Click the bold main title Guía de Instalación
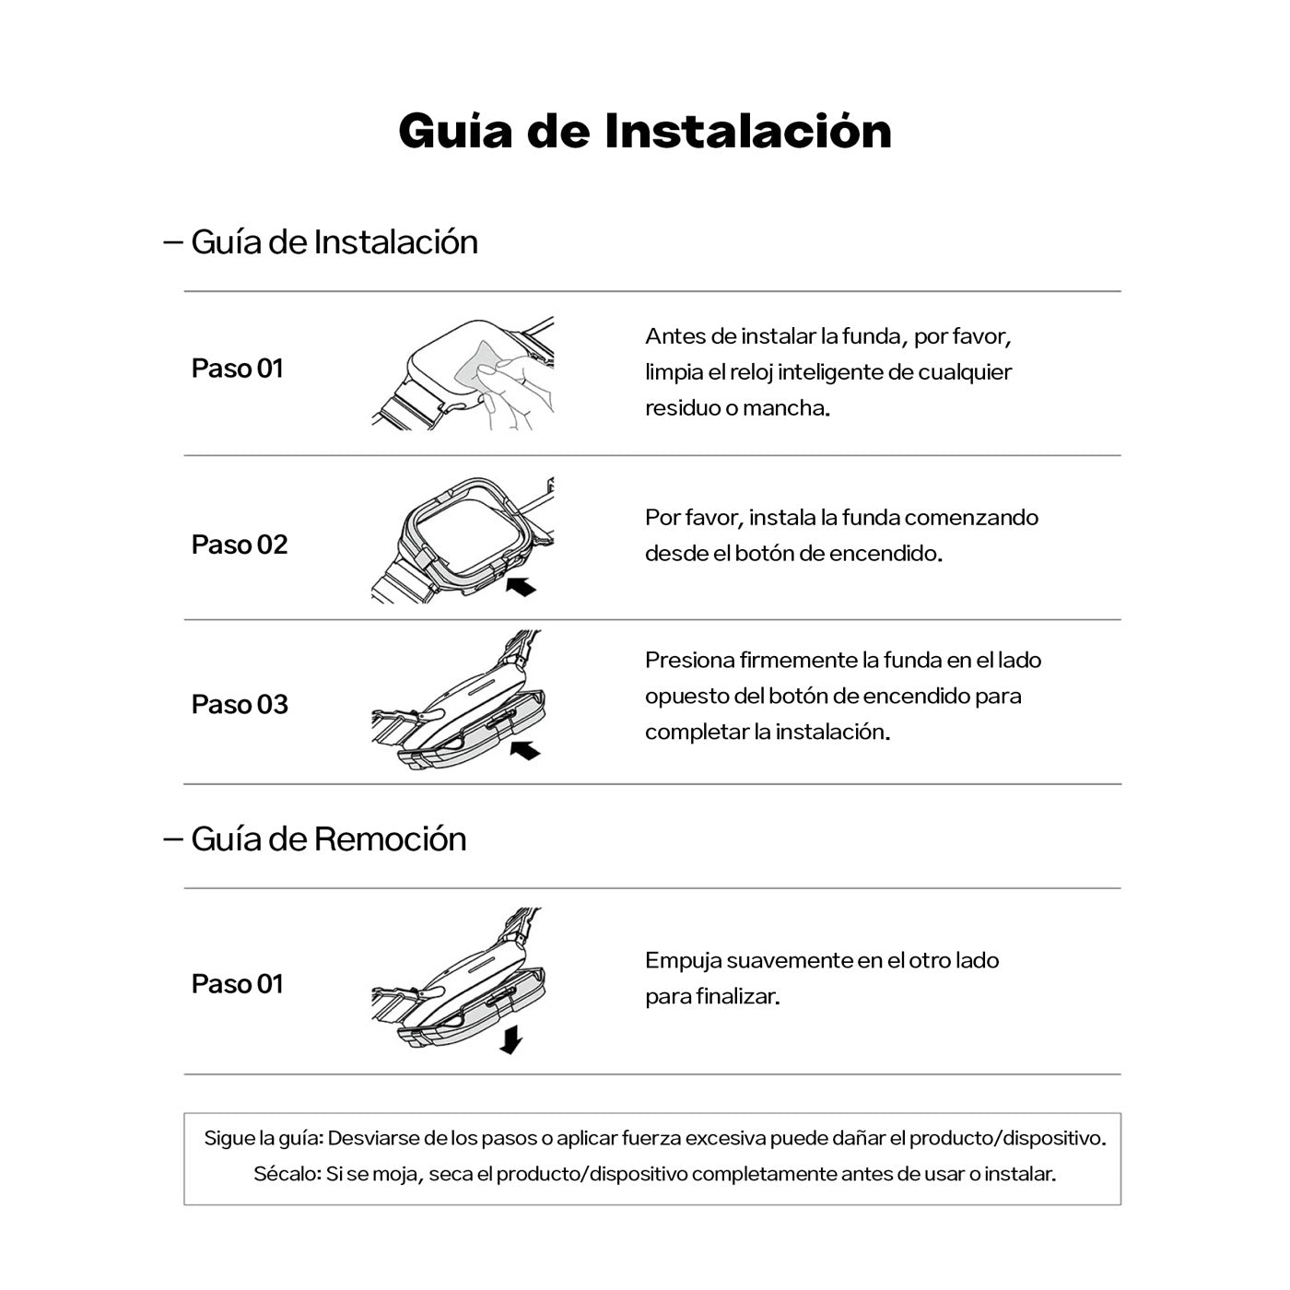(644, 131)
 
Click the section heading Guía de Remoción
(328, 838)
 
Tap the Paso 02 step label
(240, 545)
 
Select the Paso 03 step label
(240, 705)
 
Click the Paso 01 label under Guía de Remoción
(237, 984)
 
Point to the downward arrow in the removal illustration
(510, 1041)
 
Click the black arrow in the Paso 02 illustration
(521, 586)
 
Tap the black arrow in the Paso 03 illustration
(524, 749)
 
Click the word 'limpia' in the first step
(674, 372)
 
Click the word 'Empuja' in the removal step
(683, 960)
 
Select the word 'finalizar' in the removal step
(743, 996)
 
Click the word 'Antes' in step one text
(672, 336)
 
